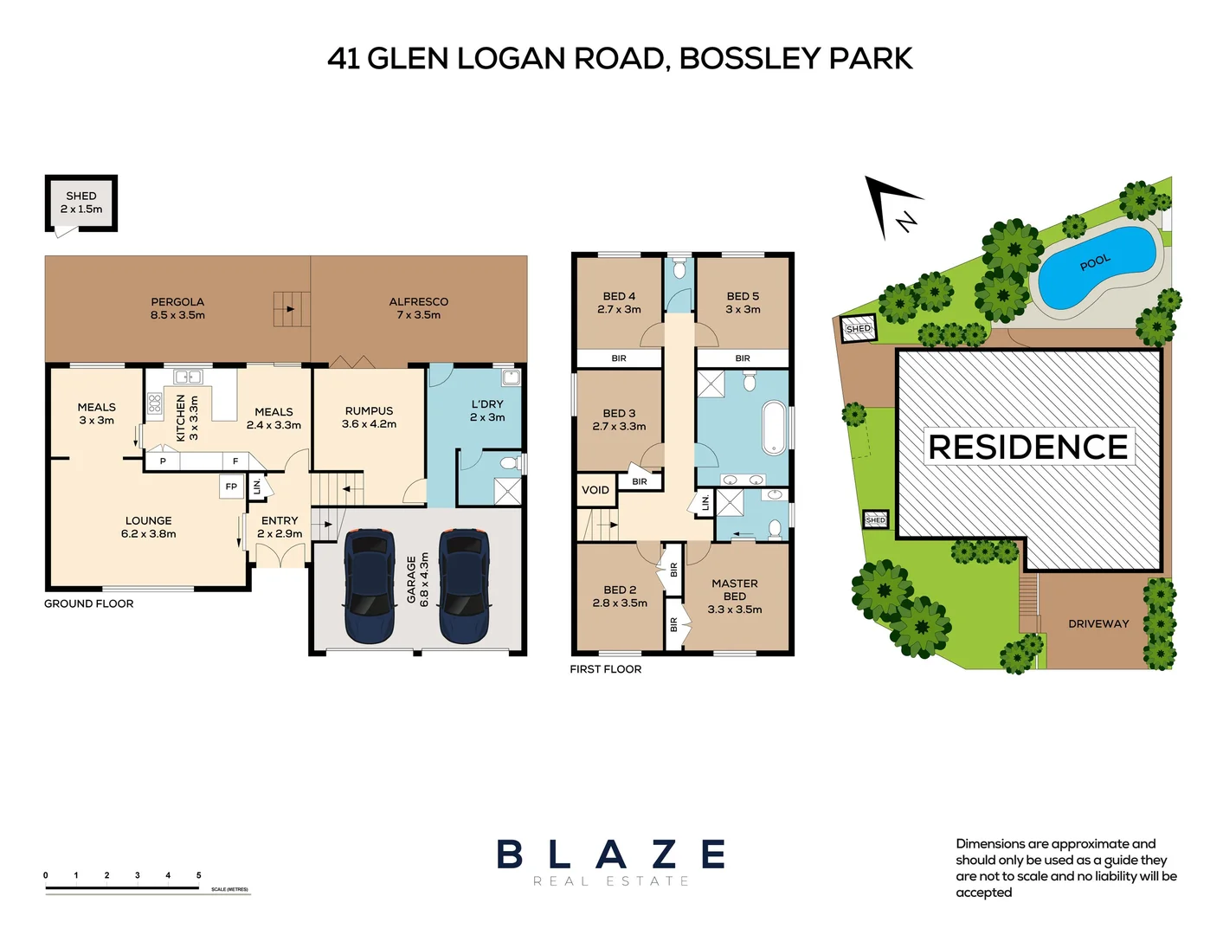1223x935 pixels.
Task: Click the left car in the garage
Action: [370, 586]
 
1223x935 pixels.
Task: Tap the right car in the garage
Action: [464, 586]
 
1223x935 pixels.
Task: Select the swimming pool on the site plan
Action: [1097, 267]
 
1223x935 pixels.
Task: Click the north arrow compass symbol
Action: [892, 207]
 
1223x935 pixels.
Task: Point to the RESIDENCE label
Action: [1028, 447]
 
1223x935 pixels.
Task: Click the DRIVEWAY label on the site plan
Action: [1098, 623]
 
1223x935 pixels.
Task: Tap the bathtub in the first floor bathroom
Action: [773, 427]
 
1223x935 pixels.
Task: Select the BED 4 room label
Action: [619, 302]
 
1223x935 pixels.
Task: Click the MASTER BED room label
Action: [734, 596]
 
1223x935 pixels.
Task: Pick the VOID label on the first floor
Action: [595, 490]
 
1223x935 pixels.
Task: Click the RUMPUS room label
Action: [369, 417]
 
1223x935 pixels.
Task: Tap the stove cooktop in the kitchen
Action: [155, 403]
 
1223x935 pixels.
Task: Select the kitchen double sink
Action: [188, 377]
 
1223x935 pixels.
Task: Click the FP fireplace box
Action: [231, 487]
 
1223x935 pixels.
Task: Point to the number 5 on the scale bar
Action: [198, 875]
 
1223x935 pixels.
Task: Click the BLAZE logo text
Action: [611, 854]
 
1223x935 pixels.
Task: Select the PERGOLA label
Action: [177, 308]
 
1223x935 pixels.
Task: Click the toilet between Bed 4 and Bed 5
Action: [679, 268]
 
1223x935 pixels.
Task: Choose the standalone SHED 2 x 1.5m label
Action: [81, 203]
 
